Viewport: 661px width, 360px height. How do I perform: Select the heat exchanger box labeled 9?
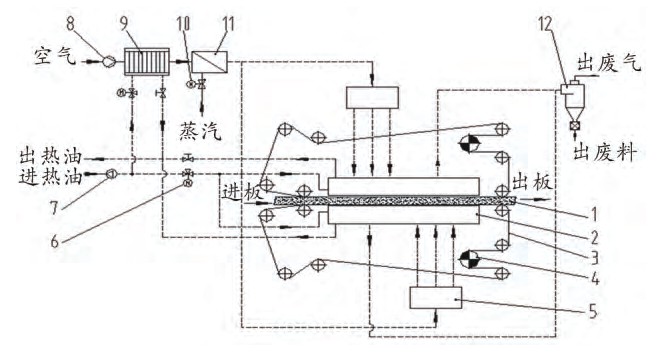click(143, 62)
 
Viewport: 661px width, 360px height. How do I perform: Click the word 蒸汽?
click(202, 131)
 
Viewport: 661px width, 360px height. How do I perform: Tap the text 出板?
click(530, 183)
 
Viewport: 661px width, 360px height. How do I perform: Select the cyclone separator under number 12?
click(574, 95)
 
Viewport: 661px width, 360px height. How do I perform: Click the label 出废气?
click(609, 66)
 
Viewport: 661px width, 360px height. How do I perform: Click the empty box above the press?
click(373, 98)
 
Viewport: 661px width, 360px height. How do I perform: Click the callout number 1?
click(598, 212)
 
